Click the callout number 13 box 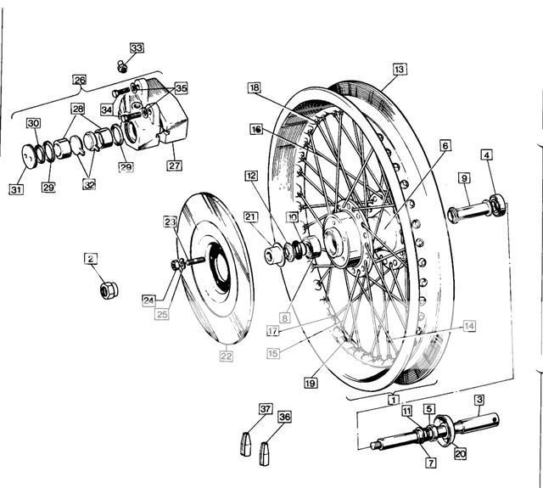click(400, 69)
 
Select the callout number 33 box click(137, 48)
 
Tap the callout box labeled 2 click(91, 258)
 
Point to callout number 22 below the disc click(226, 356)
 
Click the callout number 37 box click(266, 410)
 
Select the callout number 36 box click(285, 417)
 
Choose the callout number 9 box click(464, 178)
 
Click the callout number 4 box click(486, 155)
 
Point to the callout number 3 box click(479, 400)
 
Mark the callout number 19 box click(311, 383)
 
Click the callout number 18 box click(255, 87)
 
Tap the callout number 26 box click(80, 81)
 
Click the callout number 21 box click(250, 217)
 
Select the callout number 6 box click(445, 145)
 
